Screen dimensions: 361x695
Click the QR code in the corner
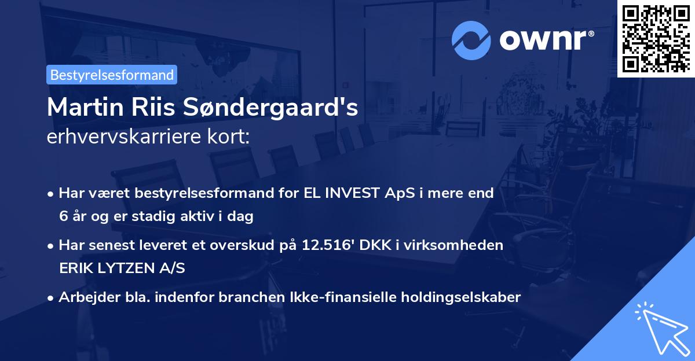click(656, 38)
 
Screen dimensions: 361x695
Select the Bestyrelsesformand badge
click(112, 75)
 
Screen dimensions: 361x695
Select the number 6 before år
click(63, 217)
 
